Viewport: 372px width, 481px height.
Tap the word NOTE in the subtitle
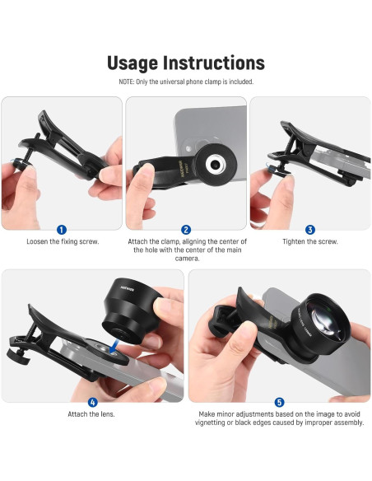(128, 82)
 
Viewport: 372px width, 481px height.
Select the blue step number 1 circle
(62, 230)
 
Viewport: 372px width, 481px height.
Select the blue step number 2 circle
(186, 230)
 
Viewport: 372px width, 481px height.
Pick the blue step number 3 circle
(310, 230)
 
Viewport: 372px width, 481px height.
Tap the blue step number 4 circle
(92, 402)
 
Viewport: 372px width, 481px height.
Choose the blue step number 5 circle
(280, 402)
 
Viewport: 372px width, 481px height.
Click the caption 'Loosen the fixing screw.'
(62, 241)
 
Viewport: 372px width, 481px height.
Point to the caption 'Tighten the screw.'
(310, 241)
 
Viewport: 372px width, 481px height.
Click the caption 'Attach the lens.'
(92, 413)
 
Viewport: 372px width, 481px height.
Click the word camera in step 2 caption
(186, 258)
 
